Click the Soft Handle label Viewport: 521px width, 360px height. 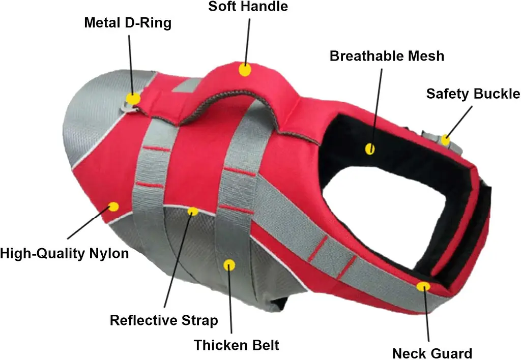[248, 6]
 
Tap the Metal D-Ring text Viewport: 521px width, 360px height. [128, 22]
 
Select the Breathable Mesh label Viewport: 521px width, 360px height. [387, 56]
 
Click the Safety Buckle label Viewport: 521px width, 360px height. [473, 94]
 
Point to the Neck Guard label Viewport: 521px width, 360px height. [432, 353]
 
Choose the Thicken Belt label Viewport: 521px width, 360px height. [236, 345]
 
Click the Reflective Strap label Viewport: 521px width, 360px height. [164, 320]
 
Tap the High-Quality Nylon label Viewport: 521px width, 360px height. [65, 253]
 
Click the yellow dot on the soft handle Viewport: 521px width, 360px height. [245, 70]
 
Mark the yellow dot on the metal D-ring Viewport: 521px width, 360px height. [133, 99]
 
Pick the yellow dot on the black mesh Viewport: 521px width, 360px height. [370, 149]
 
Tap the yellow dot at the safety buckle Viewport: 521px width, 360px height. [445, 140]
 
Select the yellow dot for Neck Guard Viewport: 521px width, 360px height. [423, 286]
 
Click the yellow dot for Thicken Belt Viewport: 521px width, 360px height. [229, 265]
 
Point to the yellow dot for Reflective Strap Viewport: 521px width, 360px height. [193, 211]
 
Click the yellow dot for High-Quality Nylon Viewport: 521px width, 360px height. [113, 207]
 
